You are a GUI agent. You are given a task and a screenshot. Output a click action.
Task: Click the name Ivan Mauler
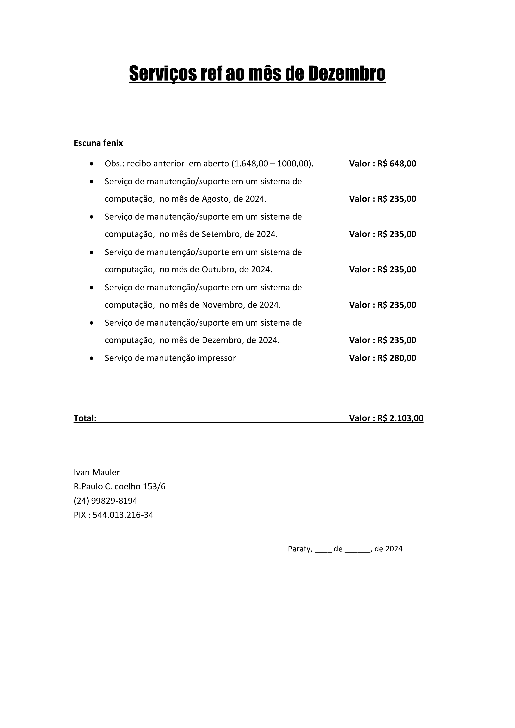pyautogui.click(x=97, y=473)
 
